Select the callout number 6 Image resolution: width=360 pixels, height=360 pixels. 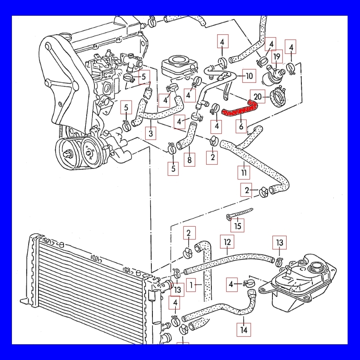pos(241,127)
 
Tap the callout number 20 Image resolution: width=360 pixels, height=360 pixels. pos(258,97)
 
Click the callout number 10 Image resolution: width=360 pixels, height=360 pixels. pos(249,76)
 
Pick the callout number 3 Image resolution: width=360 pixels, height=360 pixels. pos(151,133)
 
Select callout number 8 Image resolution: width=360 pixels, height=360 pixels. pos(190,160)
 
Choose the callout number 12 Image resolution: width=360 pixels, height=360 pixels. pos(227,242)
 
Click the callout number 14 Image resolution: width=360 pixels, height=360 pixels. pos(244,329)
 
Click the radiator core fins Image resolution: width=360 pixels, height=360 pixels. pos(86,286)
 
